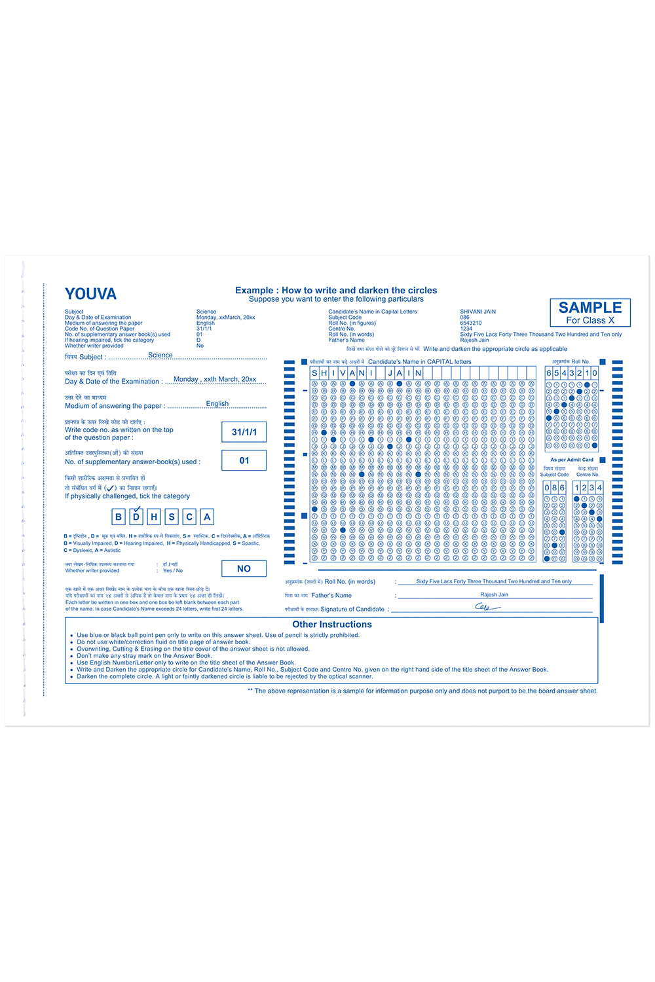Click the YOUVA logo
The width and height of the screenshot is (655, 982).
coord(90,294)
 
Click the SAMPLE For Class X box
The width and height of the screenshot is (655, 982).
coord(590,312)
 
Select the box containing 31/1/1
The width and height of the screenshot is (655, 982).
coord(244,432)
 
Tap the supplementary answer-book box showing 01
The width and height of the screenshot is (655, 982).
coord(244,461)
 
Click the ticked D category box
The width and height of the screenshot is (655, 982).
coord(136,517)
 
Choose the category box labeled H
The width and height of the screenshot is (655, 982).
coord(154,517)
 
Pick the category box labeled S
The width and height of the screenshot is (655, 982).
coord(172,517)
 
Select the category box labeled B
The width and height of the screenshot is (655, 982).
coord(119,517)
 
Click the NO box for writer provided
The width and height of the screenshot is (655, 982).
coord(244,569)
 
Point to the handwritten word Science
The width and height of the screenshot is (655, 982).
coord(160,355)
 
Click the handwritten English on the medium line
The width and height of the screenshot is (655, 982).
coord(217,404)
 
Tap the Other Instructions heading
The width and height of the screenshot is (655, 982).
coord(332,625)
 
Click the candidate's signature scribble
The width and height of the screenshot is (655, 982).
coord(487,607)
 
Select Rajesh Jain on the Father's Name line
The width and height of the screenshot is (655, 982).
coord(494,594)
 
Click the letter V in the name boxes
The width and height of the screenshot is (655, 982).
coord(343,373)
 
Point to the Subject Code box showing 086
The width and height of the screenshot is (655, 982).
coord(554,488)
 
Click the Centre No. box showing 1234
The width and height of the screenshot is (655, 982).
coord(588,488)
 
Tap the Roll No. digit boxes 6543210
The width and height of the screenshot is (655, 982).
coord(571,373)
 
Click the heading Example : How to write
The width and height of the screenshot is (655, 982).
coord(336,290)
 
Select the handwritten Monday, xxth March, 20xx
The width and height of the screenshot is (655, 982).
coord(215,379)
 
